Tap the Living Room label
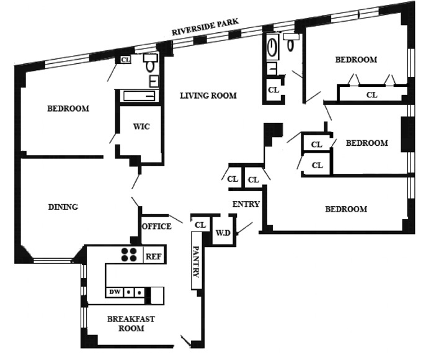click(208, 96)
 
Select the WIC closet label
click(141, 127)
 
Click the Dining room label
click(63, 207)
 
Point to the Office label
click(156, 227)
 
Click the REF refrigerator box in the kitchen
click(153, 255)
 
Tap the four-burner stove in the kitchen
click(130, 254)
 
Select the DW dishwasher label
click(114, 292)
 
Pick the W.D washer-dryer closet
click(223, 233)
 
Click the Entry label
click(246, 204)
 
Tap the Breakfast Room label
click(131, 323)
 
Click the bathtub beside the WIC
click(138, 96)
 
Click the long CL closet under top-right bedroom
click(371, 95)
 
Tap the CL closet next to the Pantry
click(200, 225)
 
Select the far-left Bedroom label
click(68, 109)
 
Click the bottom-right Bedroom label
click(346, 209)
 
